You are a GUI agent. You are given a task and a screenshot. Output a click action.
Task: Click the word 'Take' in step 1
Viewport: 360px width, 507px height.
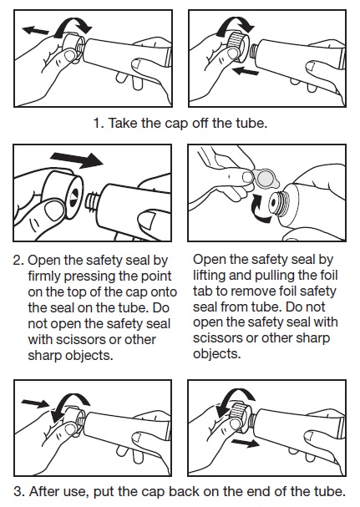pos(123,124)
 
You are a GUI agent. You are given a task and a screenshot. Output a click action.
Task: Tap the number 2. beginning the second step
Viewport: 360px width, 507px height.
pos(20,260)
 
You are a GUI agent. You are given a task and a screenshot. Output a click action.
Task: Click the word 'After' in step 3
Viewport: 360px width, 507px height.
pos(49,490)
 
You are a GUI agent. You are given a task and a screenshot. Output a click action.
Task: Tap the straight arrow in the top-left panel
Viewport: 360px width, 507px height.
pos(38,30)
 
